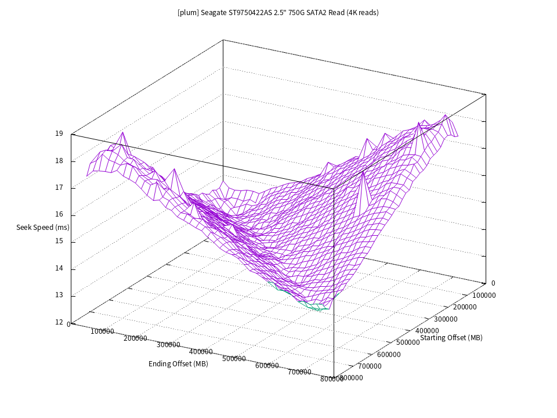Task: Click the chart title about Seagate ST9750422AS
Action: pyautogui.click(x=278, y=12)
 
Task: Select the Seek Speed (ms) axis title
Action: pyautogui.click(x=43, y=228)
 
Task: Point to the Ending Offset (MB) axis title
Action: pyautogui.click(x=178, y=364)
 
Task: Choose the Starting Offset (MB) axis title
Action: pyautogui.click(x=451, y=338)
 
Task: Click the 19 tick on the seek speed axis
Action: pyautogui.click(x=59, y=134)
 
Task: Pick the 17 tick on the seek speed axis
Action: pyautogui.click(x=59, y=188)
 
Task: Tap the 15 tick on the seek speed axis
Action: pyautogui.click(x=59, y=242)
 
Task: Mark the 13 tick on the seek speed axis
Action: pyautogui.click(x=59, y=296)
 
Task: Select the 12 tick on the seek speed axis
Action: pyautogui.click(x=59, y=322)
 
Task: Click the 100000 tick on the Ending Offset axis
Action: pyautogui.click(x=103, y=331)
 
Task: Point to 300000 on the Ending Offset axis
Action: pyautogui.click(x=168, y=345)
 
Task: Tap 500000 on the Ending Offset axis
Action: pyautogui.click(x=234, y=359)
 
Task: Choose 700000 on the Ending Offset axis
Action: pyautogui.click(x=300, y=372)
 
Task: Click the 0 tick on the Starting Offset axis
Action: pyautogui.click(x=493, y=283)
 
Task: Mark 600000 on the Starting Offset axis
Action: pyautogui.click(x=389, y=355)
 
